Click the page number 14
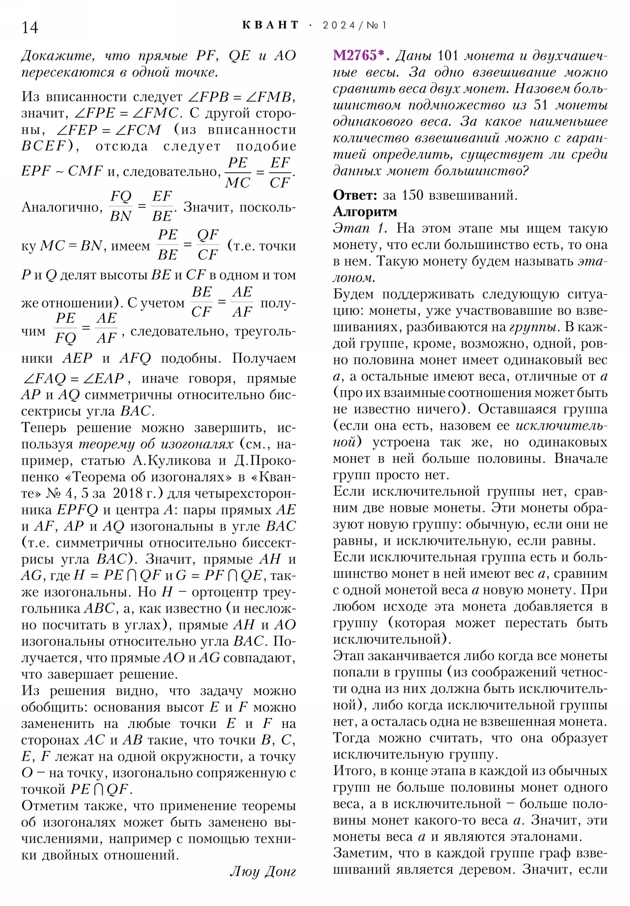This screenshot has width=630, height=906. click(x=30, y=28)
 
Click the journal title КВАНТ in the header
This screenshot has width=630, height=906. click(x=270, y=25)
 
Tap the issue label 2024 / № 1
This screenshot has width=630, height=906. click(x=354, y=26)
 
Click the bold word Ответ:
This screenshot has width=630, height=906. click(x=355, y=195)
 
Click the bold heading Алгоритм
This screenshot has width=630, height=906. click(x=365, y=212)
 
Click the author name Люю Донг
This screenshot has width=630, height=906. click(x=263, y=871)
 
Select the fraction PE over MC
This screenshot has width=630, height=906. click(x=237, y=173)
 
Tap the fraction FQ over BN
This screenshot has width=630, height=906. click(x=121, y=206)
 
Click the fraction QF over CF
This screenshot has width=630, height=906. click(x=208, y=245)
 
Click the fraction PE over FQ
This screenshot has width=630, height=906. click(x=65, y=328)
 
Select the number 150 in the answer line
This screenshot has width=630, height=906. click(x=412, y=195)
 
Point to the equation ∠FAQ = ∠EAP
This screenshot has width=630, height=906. click(x=74, y=379)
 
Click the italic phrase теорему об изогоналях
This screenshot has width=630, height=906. click(x=156, y=444)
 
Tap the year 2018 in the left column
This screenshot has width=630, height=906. click(x=128, y=493)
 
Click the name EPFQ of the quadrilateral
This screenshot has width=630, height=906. click(x=77, y=510)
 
